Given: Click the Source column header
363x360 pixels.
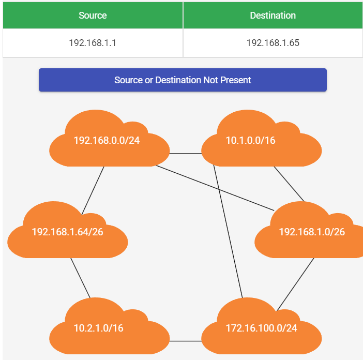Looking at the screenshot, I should pyautogui.click(x=93, y=16).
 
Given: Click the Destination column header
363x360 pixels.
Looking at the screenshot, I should pyautogui.click(x=273, y=16).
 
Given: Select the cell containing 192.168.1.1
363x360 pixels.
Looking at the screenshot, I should pyautogui.click(x=93, y=43).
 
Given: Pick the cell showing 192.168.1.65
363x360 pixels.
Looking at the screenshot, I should pyautogui.click(x=273, y=43).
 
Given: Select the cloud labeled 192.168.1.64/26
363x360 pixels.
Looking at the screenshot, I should pyautogui.click(x=67, y=232).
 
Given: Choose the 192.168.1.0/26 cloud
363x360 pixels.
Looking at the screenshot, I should pyautogui.click(x=311, y=232).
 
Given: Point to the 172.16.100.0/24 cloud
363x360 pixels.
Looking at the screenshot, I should pyautogui.click(x=261, y=328).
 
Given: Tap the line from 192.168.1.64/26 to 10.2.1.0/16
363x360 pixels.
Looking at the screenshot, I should pyautogui.click(x=80, y=278).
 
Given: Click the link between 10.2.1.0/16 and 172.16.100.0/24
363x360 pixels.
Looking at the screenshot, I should pyautogui.click(x=185, y=341).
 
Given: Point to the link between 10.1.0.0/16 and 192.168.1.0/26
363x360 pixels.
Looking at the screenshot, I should pyautogui.click(x=289, y=183).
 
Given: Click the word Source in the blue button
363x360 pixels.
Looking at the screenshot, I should pyautogui.click(x=129, y=80).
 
